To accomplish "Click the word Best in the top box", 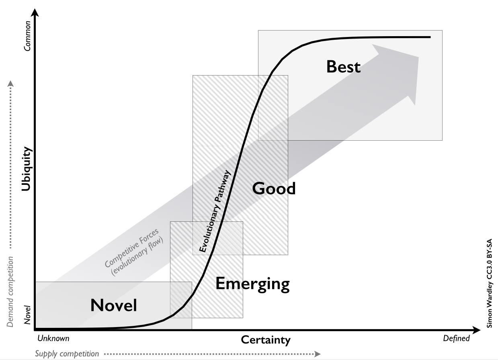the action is (343, 66).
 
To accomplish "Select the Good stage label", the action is (274, 188).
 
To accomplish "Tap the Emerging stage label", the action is (252, 284).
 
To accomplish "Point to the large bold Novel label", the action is (114, 305).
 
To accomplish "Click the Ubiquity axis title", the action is (27, 169).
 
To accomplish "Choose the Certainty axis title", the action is (266, 340).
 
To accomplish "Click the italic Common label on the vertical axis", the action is (27, 36).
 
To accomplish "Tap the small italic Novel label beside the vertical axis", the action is (27, 315).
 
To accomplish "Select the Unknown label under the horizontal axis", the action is (53, 338).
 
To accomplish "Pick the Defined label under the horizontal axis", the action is (457, 338).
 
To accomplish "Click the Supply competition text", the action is (67, 354).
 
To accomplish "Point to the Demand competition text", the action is (10, 292).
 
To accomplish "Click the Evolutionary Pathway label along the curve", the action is (214, 211).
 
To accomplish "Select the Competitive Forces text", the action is (131, 248).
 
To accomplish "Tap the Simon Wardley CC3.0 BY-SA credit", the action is (489, 283).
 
